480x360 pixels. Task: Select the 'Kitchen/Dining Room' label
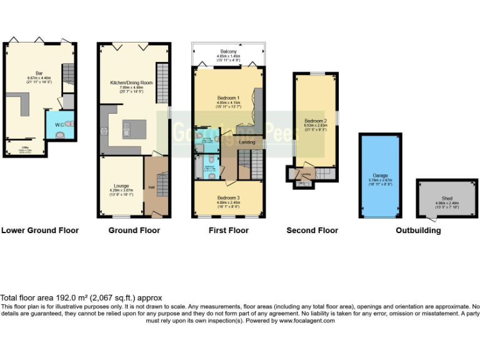click(131, 82)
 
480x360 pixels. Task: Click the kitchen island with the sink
click(132, 129)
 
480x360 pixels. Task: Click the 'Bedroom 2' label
click(316, 120)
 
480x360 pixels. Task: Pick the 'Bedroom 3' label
click(228, 197)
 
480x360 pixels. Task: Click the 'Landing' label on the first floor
click(247, 142)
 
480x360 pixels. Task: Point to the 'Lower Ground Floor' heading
click(40, 231)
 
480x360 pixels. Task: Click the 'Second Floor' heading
click(312, 231)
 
